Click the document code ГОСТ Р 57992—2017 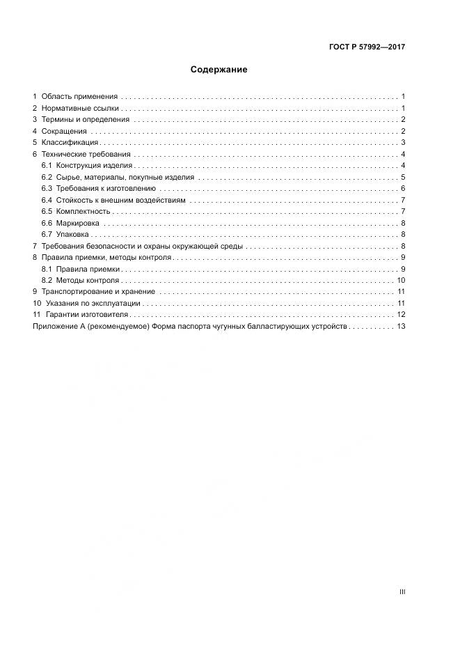coord(367,47)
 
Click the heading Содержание coord(219,70)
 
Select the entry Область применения coord(79,97)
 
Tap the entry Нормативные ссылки coord(81,109)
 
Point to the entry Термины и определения coord(86,120)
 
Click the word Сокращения coord(64,132)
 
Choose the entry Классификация coord(70,143)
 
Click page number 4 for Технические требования coord(403,155)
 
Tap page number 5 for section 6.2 coord(403,178)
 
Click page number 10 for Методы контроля coord(401,281)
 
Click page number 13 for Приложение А coord(401,327)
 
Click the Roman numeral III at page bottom coord(402,591)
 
